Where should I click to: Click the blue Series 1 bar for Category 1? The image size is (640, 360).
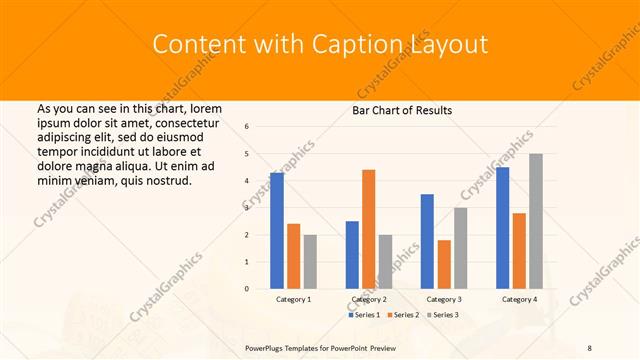(277, 231)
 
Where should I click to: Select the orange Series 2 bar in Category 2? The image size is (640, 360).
(369, 229)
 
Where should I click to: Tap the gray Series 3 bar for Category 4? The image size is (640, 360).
(536, 221)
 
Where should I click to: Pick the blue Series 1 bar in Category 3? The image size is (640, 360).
(428, 241)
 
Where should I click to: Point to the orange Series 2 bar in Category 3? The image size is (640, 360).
(444, 264)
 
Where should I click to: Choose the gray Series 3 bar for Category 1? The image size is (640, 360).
(310, 262)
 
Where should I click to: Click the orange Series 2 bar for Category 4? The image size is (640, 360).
(519, 251)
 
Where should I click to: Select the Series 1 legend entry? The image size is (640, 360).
(364, 315)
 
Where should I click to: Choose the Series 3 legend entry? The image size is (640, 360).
(443, 315)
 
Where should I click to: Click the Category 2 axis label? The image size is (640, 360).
(369, 299)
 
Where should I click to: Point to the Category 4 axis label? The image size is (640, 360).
(519, 299)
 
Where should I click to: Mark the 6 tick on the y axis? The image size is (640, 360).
(247, 127)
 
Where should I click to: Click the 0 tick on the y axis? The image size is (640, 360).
(247, 289)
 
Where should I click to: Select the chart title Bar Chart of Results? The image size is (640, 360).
(401, 110)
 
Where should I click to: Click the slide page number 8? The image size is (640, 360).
(589, 347)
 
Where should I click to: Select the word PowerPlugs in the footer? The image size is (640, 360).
(268, 347)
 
